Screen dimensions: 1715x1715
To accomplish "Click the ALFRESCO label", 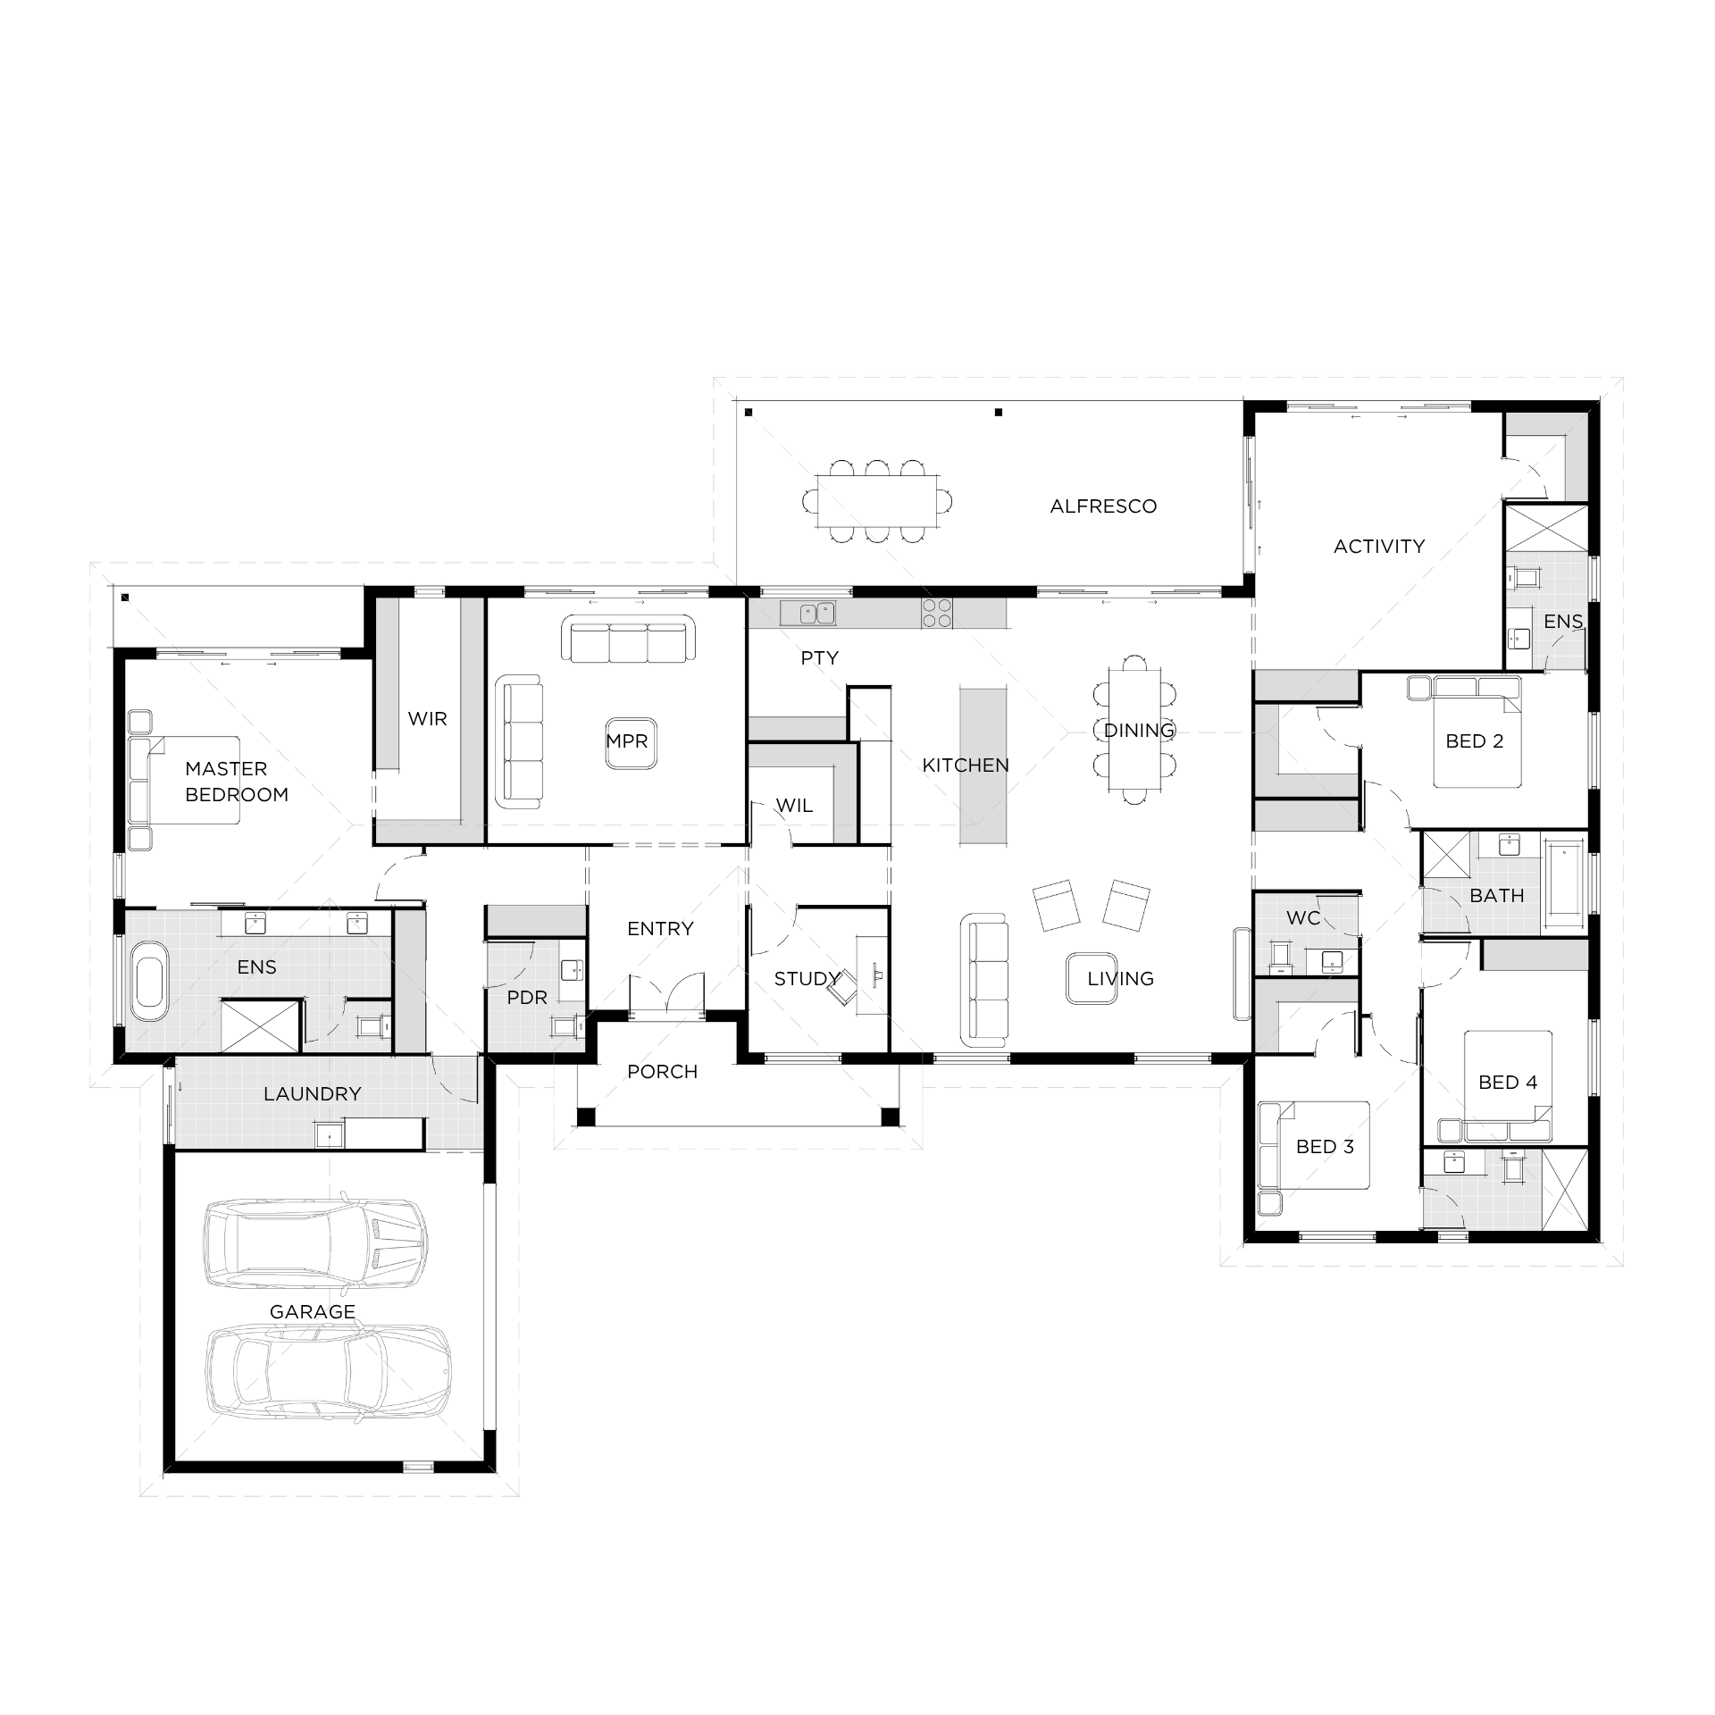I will (1103, 506).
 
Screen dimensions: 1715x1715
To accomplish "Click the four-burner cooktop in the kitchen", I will (937, 613).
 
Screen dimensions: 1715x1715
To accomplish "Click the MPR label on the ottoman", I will (627, 741).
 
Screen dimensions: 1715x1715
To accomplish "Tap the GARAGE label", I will (313, 1311).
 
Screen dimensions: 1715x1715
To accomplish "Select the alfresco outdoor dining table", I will (877, 502).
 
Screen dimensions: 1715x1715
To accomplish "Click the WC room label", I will (1303, 917).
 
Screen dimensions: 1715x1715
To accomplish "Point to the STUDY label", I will (807, 979).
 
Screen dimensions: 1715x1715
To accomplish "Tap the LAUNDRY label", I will (313, 1093).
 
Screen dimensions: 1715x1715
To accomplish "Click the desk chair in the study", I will (842, 990).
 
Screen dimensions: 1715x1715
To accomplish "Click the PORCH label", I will (662, 1071).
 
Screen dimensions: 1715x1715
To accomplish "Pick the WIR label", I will (427, 719).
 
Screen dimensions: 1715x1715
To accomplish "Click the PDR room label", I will (527, 998).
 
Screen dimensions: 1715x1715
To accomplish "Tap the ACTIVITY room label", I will (1379, 546).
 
